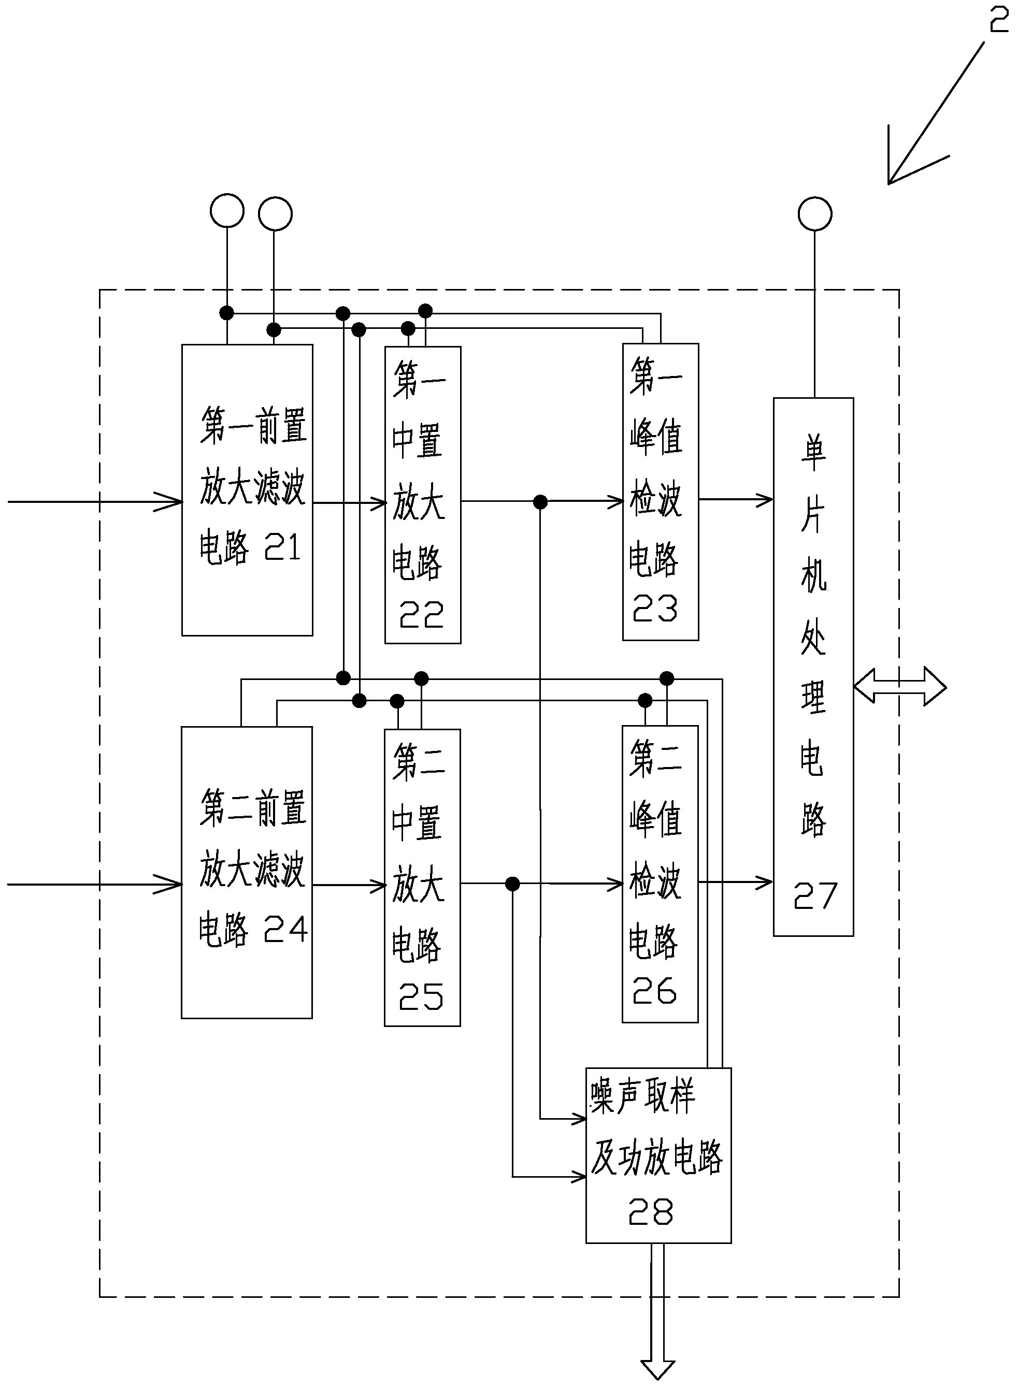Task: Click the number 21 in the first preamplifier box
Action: click(x=282, y=546)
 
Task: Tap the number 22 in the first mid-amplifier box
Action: click(x=422, y=614)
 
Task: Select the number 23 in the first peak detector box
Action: click(x=655, y=608)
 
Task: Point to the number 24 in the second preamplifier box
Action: click(x=285, y=929)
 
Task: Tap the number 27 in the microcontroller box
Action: click(x=815, y=896)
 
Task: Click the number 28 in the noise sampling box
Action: click(x=651, y=1212)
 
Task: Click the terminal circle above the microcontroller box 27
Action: click(x=815, y=214)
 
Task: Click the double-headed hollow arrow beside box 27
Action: click(x=899, y=686)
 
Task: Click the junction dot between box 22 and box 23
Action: click(x=540, y=502)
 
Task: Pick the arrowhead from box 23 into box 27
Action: click(x=765, y=500)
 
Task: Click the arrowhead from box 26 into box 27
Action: click(x=765, y=882)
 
